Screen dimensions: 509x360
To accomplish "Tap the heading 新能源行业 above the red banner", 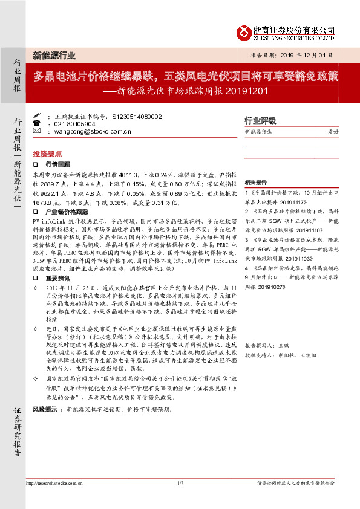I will tap(54, 56).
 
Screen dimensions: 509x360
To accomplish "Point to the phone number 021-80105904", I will tap(75, 123).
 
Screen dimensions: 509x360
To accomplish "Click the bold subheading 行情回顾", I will tap(58, 164).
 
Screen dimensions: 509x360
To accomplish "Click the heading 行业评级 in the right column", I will tap(260, 120).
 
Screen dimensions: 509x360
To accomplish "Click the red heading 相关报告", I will tap(255, 182).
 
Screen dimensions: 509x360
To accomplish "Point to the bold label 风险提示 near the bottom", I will tap(45, 409).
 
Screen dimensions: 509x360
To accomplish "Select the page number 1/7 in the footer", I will tap(180, 484).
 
